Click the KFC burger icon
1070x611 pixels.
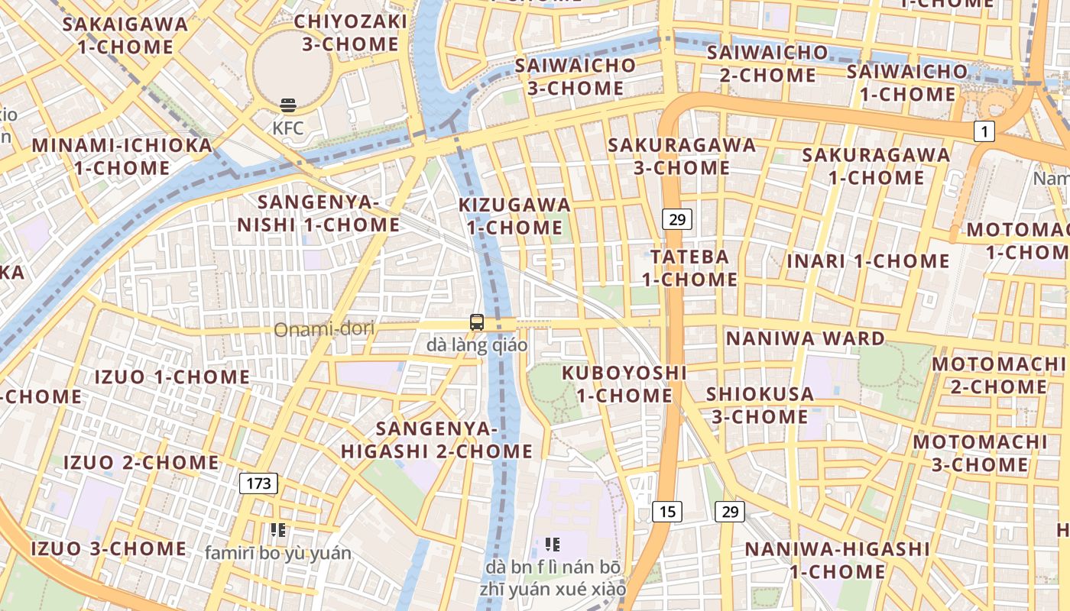click(x=288, y=105)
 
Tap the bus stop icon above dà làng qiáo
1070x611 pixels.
click(x=477, y=322)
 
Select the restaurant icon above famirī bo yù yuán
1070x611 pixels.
click(x=277, y=530)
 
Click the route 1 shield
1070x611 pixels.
click(x=984, y=132)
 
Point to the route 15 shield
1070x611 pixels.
click(x=666, y=511)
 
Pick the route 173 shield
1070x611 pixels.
click(x=258, y=483)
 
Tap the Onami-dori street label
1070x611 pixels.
click(x=324, y=329)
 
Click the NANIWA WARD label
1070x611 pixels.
click(x=805, y=338)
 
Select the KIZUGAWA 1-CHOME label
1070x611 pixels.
click(x=514, y=216)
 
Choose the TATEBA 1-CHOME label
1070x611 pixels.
click(x=689, y=268)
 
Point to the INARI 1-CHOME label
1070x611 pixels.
click(x=868, y=261)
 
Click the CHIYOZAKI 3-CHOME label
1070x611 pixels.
click(x=350, y=33)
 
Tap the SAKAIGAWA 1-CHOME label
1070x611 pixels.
click(x=125, y=35)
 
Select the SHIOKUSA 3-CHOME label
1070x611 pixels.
click(x=760, y=406)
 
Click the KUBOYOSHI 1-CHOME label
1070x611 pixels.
click(x=624, y=384)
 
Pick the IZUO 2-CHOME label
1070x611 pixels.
click(x=141, y=463)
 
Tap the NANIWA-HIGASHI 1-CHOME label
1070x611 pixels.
click(x=837, y=560)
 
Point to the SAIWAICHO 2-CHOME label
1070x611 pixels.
click(x=767, y=64)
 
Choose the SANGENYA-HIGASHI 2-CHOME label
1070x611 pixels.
click(x=436, y=440)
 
